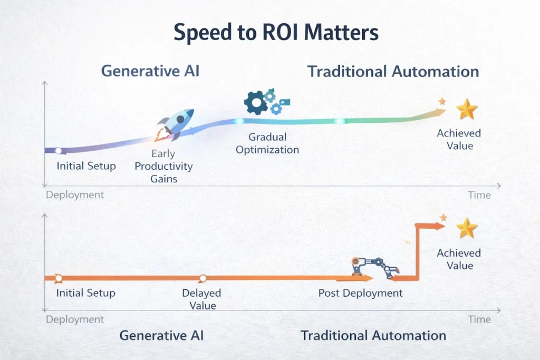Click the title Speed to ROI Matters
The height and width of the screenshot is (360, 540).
pos(276,33)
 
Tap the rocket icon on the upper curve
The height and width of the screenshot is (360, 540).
pos(176,124)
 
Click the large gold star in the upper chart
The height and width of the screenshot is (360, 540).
pos(467,109)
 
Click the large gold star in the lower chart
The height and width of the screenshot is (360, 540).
pos(467,228)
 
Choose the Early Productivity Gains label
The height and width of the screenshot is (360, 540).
pos(163,166)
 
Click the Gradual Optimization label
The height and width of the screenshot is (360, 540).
pos(267,143)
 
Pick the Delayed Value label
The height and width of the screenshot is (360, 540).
pos(201,299)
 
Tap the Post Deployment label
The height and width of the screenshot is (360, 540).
pos(360,293)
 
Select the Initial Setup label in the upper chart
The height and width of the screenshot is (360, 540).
pos(86,166)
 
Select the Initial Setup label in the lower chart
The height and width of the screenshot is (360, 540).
pos(85,293)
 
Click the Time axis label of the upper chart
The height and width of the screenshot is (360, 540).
pos(479,195)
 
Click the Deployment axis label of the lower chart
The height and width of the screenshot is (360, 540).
pos(75,319)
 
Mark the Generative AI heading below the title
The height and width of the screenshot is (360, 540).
pos(150,71)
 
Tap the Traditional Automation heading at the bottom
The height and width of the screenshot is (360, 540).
pos(373,335)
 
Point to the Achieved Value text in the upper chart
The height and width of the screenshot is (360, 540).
pos(459,139)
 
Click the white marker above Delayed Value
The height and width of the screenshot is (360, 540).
pos(202,278)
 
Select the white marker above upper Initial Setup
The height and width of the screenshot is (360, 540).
pos(59,151)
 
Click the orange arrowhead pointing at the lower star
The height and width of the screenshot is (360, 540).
pos(440,226)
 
